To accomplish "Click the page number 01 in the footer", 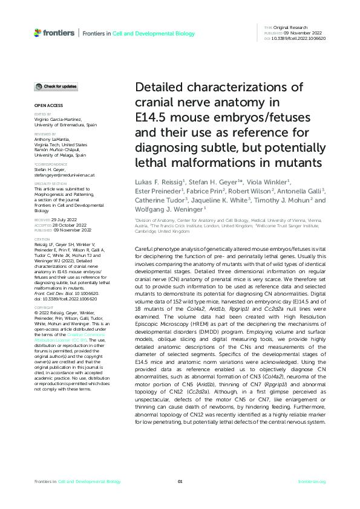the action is pyautogui.click(x=180, y=481).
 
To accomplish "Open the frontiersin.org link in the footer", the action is pyautogui.click(x=312, y=481).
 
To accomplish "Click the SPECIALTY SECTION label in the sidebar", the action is pyautogui.click(x=50, y=183).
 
